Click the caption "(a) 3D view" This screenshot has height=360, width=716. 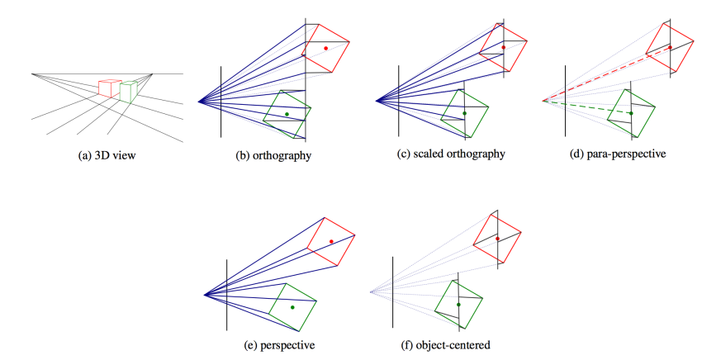(102, 154)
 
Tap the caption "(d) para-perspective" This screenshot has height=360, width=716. (619, 154)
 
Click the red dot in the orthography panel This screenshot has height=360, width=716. (326, 49)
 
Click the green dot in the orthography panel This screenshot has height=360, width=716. (287, 114)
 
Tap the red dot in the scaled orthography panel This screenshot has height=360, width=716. (503, 48)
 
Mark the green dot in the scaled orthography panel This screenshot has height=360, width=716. (464, 113)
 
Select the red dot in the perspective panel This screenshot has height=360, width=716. (331, 241)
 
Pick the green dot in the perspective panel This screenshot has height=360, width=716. (292, 306)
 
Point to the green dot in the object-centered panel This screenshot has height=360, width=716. (458, 305)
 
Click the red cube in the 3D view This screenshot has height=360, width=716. (107, 88)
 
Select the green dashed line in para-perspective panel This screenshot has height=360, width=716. (586, 107)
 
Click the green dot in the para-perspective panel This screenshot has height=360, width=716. (631, 113)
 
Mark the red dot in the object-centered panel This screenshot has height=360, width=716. (498, 239)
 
